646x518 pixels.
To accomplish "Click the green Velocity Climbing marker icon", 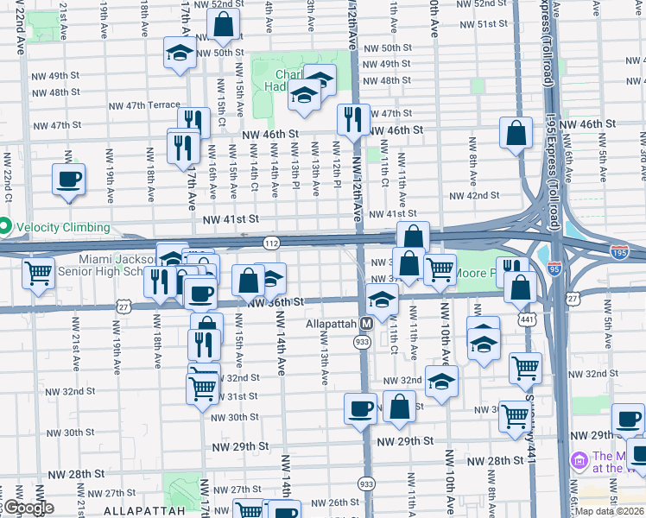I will pos(5,227).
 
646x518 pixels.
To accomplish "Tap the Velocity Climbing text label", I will pos(62,227).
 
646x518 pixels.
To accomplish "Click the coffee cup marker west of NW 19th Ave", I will pos(69,180).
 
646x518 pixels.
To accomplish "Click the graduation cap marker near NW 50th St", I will pos(180,52).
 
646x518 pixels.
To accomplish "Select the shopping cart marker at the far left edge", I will pos(39,274).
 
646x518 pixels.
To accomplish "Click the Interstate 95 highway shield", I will pos(555,269).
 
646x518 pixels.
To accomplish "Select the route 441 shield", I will pos(528,319).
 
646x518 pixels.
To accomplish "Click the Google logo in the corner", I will pos(28,508).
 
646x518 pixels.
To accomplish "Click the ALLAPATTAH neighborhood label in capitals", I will pos(144,510).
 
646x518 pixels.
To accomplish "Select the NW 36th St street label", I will pos(275,302).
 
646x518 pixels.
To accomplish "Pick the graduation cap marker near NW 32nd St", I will pos(441,380).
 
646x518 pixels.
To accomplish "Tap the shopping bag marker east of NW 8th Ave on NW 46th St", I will pos(516,134).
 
